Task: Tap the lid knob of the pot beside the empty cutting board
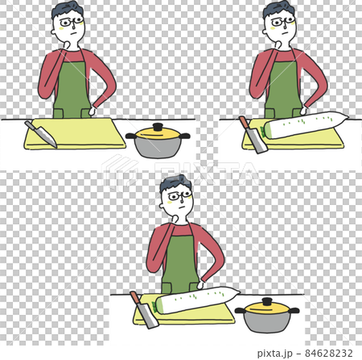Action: [x=158, y=127]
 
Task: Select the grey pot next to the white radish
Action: [x=265, y=318]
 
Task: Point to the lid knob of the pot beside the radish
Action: [x=265, y=301]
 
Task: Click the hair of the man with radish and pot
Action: [x=174, y=184]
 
